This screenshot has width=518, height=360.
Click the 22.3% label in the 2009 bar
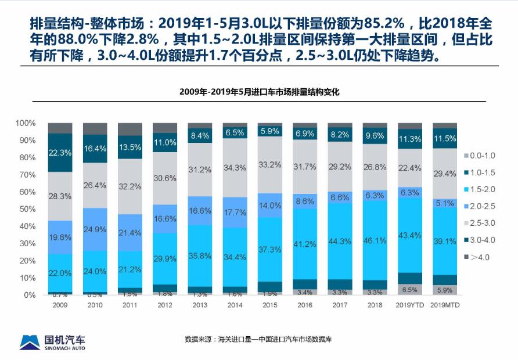coord(60,153)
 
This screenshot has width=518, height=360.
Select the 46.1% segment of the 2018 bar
coord(375,240)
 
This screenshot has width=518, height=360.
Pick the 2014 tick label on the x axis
coord(235,304)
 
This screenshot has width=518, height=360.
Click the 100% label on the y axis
coord(26,123)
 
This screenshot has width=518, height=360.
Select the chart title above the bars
coord(259,92)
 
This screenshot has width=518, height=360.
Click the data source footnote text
coord(258,339)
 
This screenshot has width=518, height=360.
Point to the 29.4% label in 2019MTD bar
coord(444,174)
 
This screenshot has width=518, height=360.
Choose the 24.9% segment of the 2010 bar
coord(95,229)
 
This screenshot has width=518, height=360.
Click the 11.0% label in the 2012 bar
coord(165,143)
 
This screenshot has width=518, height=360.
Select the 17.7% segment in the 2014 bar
coord(235,213)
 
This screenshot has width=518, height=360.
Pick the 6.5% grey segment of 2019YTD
coord(409,289)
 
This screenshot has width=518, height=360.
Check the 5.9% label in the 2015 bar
coord(269,131)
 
